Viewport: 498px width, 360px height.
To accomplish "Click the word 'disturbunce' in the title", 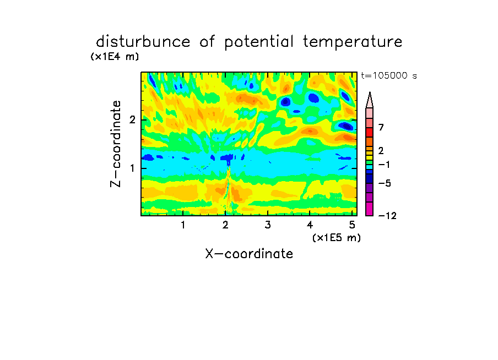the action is (143, 41).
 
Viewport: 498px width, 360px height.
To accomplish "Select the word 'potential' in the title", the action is (258, 42).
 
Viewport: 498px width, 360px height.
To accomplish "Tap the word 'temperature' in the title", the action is (353, 42).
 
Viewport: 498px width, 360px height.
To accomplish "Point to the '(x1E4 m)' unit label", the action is (115, 57).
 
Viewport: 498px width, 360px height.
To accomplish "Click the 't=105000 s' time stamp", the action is (389, 75).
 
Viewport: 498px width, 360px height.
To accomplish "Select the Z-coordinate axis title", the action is (116, 144).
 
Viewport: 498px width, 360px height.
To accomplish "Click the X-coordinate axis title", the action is (249, 254).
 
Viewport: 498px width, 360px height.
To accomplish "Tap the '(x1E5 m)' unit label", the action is (337, 238).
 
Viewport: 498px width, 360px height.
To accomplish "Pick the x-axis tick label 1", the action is (183, 225).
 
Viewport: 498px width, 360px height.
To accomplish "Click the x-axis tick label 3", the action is (267, 225).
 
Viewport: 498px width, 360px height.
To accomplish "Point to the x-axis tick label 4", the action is (310, 225).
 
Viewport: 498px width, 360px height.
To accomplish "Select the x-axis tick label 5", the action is (352, 225).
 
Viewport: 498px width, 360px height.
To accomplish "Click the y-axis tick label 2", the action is (132, 119).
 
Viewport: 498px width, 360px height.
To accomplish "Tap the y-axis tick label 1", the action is (132, 168).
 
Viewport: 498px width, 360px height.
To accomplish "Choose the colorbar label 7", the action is (381, 127).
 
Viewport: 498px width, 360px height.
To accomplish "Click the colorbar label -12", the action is (387, 216).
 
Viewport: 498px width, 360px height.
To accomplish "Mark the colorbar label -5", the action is (385, 183).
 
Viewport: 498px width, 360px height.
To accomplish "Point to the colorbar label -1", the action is (385, 165).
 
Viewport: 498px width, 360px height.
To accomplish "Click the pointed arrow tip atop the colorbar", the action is (370, 92).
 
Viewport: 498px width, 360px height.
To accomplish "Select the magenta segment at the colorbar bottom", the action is (370, 209).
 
